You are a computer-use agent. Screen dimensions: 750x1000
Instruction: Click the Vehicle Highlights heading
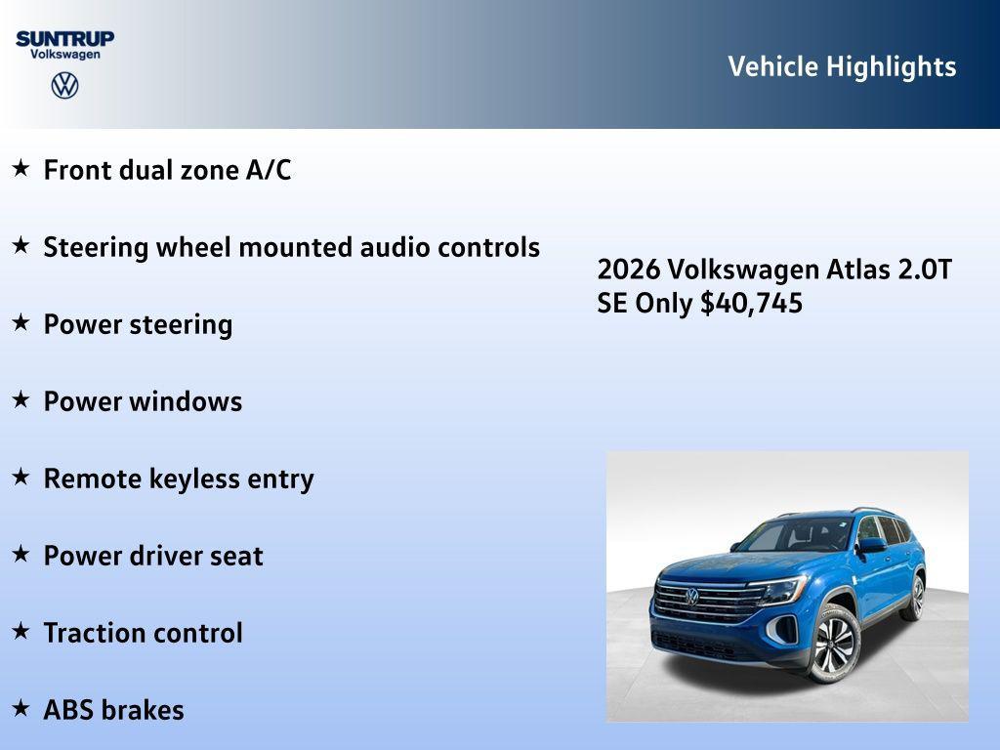tap(842, 66)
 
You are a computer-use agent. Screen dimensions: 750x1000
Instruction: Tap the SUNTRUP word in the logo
tap(64, 38)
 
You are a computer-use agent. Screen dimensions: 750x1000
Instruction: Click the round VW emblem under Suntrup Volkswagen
tap(64, 85)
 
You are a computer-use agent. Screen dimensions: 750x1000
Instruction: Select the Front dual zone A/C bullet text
tap(167, 170)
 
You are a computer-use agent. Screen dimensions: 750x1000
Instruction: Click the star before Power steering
tap(21, 322)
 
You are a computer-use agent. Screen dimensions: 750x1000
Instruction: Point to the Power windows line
tap(143, 401)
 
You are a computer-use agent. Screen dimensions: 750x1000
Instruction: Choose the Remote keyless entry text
tap(179, 479)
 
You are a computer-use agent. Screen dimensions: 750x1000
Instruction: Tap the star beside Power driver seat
tap(21, 554)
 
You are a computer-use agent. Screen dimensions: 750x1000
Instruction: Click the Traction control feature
tap(143, 633)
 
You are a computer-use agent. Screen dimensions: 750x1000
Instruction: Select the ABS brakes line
tap(113, 710)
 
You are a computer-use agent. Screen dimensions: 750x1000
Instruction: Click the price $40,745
tap(751, 303)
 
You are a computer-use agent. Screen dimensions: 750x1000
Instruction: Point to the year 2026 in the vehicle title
tap(629, 270)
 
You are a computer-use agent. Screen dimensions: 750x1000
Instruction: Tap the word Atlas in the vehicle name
tap(855, 270)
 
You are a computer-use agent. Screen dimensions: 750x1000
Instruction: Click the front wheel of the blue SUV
tap(833, 644)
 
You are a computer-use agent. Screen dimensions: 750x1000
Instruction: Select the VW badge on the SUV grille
tap(691, 596)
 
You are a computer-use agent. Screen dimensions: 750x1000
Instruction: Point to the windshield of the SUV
tap(796, 535)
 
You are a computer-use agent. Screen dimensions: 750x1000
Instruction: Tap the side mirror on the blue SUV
tap(871, 544)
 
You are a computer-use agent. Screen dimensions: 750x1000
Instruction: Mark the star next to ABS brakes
tap(21, 708)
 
